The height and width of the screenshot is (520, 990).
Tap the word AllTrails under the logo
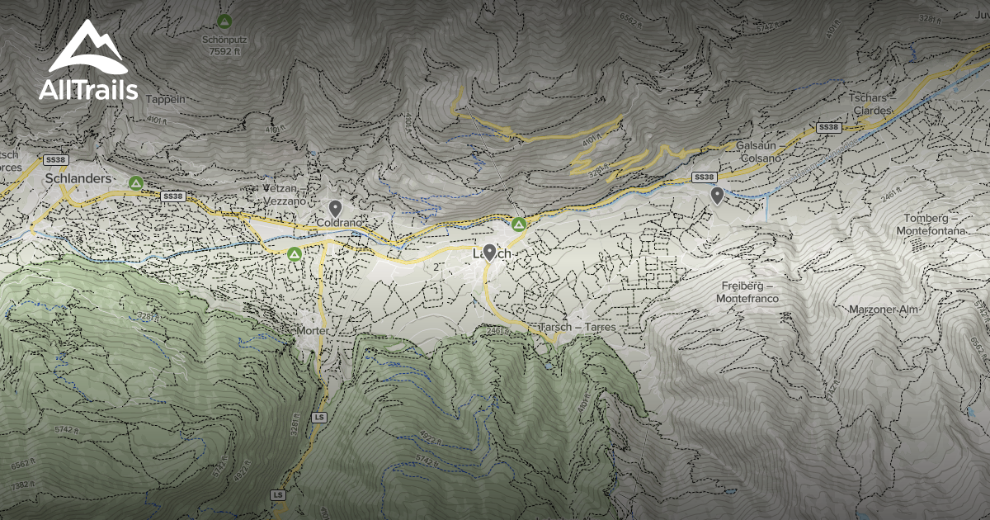click(x=87, y=90)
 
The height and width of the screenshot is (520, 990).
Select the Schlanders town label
click(x=78, y=178)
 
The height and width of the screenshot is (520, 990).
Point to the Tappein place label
click(x=166, y=99)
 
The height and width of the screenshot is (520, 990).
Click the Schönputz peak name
click(x=224, y=38)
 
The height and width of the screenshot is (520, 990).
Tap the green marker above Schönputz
click(x=224, y=20)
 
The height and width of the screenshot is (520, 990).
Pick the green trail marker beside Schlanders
click(x=136, y=182)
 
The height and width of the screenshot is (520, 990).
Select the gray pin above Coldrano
click(x=335, y=208)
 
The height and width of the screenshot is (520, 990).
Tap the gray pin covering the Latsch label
click(x=489, y=253)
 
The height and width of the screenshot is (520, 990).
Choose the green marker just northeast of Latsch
click(x=519, y=224)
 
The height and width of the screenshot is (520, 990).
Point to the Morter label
click(x=313, y=330)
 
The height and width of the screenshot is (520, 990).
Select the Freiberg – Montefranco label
click(x=747, y=291)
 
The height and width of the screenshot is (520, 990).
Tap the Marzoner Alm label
click(x=884, y=310)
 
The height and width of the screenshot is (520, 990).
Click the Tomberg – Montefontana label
click(x=931, y=225)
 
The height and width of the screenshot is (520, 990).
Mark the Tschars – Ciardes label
click(x=868, y=104)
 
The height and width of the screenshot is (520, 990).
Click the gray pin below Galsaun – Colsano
click(x=718, y=196)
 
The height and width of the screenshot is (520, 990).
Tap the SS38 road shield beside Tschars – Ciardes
click(x=828, y=127)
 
